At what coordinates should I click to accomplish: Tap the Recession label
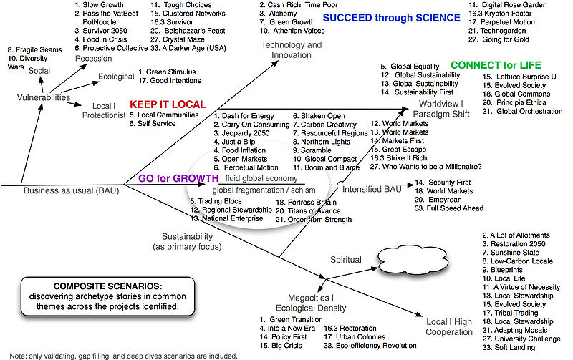pos(95,58)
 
